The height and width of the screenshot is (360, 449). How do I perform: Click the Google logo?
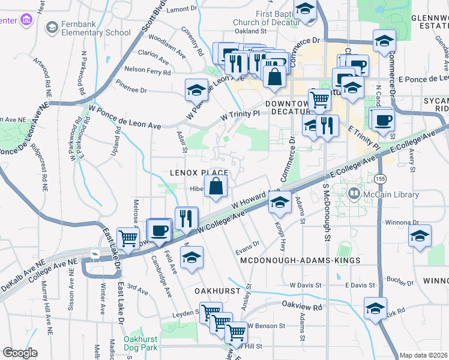pos(20,353)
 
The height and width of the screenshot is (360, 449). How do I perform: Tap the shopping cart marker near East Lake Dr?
pos(128,238)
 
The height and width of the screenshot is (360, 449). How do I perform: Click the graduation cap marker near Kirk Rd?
pos(376,309)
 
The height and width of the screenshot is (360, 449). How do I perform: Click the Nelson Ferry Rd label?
pos(148,70)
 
